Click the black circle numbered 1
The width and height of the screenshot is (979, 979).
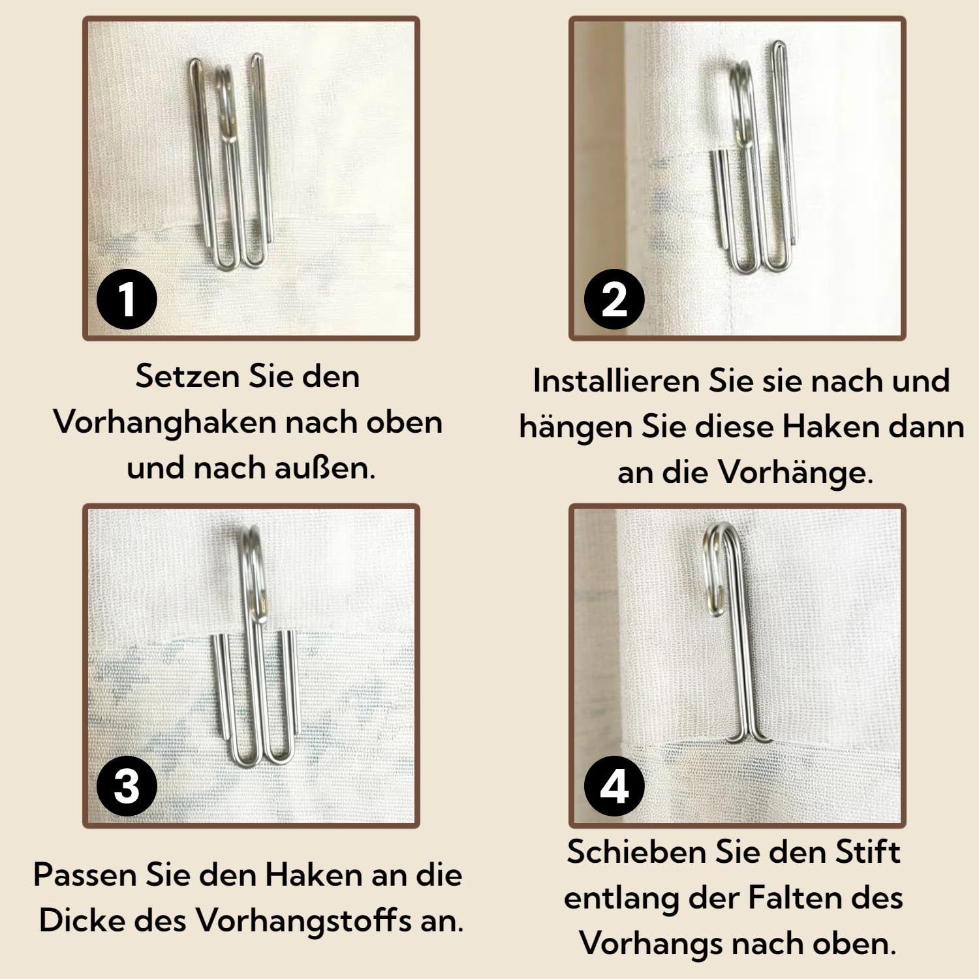tap(127, 299)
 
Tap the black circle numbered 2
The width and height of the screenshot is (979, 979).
tap(614, 299)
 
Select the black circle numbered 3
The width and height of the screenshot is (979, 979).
tap(127, 786)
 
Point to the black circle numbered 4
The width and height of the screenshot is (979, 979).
tap(614, 786)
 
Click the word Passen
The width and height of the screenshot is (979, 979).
tap(84, 875)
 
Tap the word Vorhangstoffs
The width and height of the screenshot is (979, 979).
tap(304, 920)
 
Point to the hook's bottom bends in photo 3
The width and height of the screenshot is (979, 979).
tap(261, 757)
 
